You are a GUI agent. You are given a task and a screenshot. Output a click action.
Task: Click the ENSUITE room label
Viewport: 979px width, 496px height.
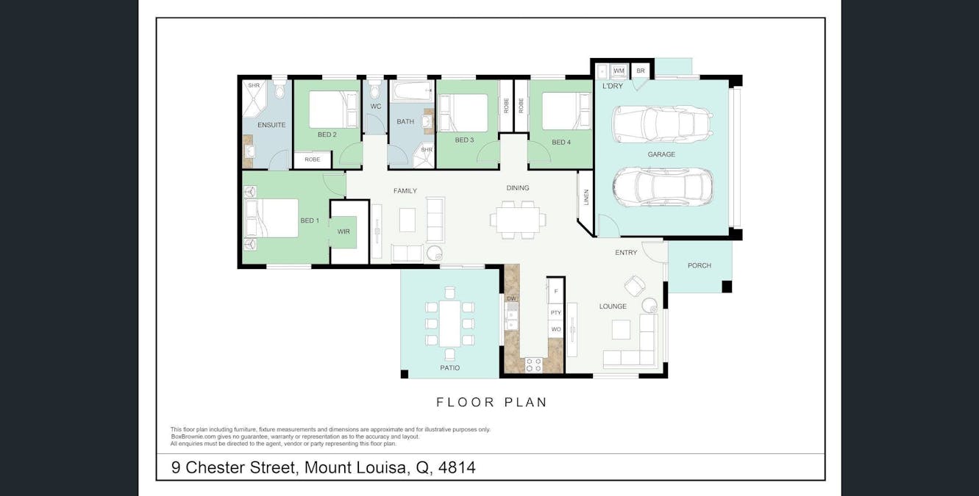point(271,125)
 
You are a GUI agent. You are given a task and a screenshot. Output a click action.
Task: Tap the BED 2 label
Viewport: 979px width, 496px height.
point(327,134)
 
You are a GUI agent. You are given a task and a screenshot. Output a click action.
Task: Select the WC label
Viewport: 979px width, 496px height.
point(375,107)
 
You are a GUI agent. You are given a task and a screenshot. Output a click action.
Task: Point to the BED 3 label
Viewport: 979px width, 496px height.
point(463,140)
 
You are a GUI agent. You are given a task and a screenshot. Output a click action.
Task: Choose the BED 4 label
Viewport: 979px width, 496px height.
point(560,142)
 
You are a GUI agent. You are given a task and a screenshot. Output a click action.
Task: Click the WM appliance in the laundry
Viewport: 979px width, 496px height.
point(619,71)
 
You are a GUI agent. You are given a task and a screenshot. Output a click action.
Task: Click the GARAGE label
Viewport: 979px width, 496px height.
point(661,154)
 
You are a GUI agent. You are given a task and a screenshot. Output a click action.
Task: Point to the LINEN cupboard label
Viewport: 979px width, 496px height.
point(586,198)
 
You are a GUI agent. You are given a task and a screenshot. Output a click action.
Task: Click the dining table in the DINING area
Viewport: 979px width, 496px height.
point(518,219)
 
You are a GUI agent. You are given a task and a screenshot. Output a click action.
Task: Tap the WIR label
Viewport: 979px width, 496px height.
point(343,231)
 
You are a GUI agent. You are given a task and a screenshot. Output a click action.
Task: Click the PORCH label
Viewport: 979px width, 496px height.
point(699,265)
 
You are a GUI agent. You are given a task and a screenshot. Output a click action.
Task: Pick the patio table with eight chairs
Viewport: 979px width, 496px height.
point(449,323)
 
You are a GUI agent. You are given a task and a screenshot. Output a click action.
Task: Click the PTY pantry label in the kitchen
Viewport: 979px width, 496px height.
point(555,313)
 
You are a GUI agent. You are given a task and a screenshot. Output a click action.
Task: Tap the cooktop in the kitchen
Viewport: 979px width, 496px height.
point(533,364)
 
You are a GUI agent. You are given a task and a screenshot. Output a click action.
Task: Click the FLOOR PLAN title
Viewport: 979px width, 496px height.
point(491,402)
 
